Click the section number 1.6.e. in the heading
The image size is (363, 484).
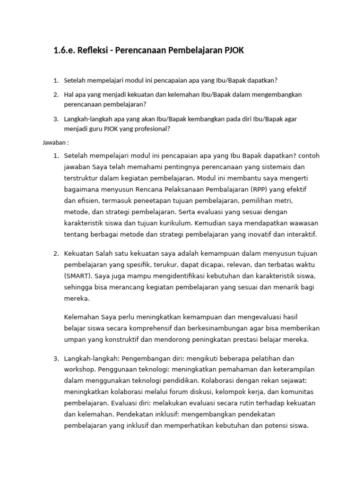pyautogui.click(x=68, y=51)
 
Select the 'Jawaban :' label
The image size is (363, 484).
pyautogui.click(x=56, y=142)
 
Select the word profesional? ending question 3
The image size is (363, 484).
pyautogui.click(x=147, y=129)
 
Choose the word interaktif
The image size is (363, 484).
pyautogui.click(x=300, y=234)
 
